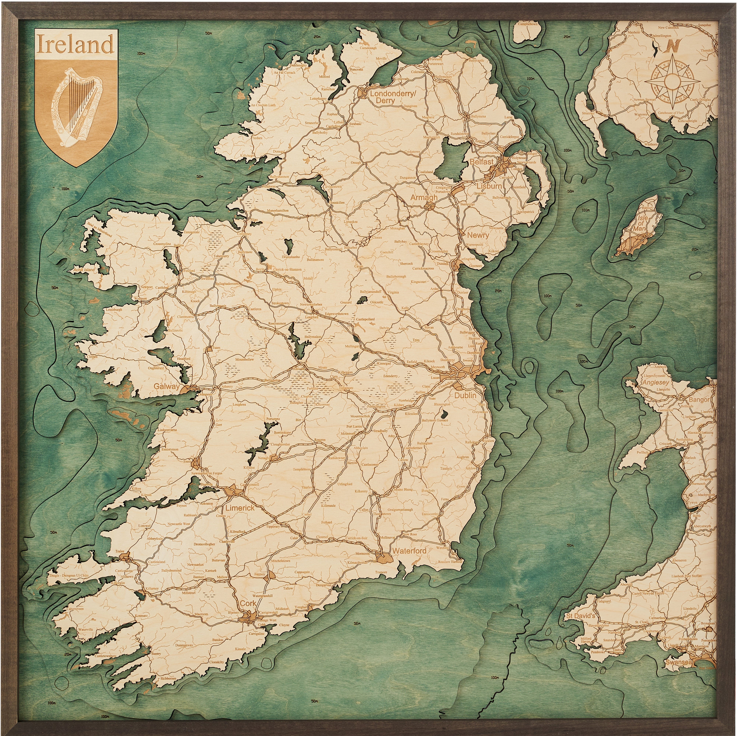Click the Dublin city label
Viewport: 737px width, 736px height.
465,396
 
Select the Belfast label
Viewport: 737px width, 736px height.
481,162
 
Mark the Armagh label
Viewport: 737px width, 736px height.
424,197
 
